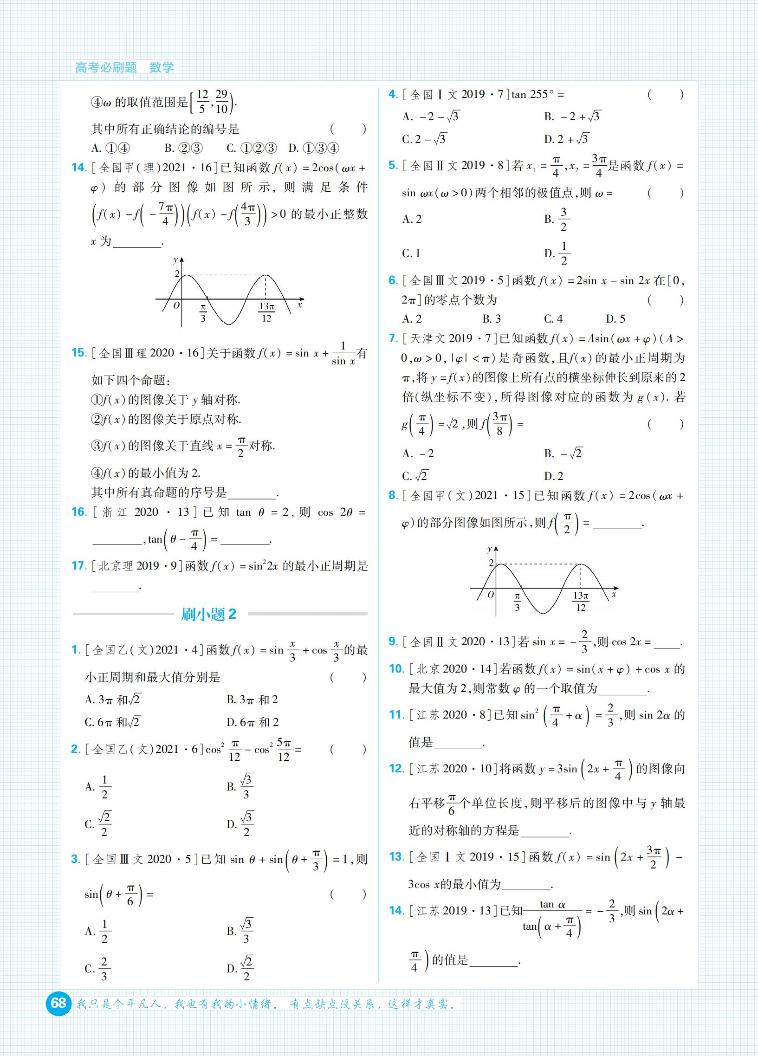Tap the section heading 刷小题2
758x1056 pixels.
[x=208, y=614]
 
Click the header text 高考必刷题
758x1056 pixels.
[x=106, y=67]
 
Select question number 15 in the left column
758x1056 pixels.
[x=79, y=353]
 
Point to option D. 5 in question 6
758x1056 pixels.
[x=615, y=319]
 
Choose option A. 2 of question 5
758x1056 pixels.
[x=412, y=219]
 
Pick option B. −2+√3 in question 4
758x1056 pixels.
[x=572, y=117]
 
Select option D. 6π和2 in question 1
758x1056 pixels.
[x=253, y=722]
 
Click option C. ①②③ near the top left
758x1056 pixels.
[x=252, y=148]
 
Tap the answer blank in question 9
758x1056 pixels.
[x=667, y=643]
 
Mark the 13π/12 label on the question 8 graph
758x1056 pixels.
[x=581, y=601]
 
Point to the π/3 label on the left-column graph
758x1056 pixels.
[x=203, y=312]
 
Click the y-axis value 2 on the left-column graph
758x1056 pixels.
[x=177, y=273]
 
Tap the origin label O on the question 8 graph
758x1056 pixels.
[x=490, y=595]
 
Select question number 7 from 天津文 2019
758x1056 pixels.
[x=393, y=338]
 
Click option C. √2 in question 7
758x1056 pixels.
[x=415, y=476]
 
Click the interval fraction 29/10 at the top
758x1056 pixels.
[x=221, y=102]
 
